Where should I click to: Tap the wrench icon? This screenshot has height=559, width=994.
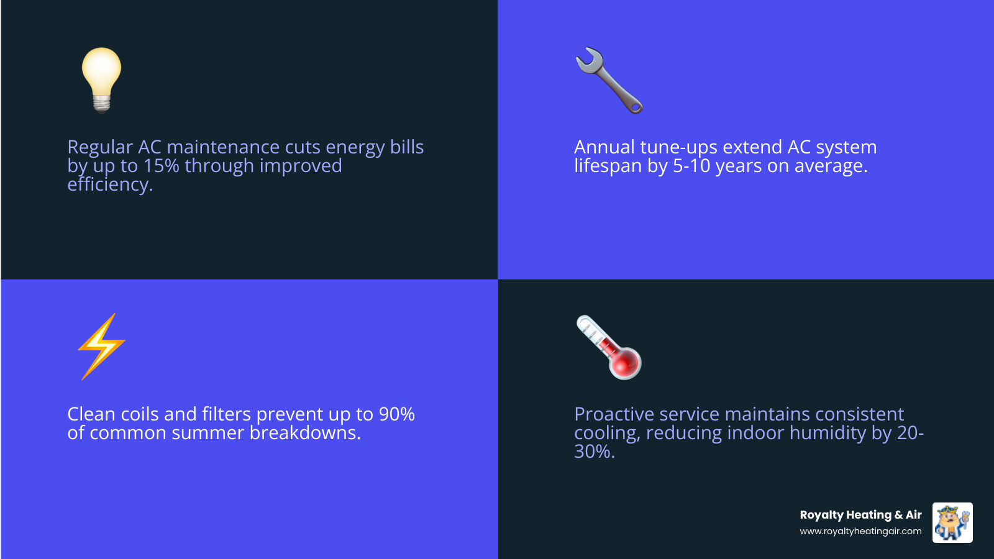click(x=609, y=80)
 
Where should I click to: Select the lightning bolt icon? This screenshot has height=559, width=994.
click(x=101, y=347)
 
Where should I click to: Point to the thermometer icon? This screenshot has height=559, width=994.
click(x=609, y=347)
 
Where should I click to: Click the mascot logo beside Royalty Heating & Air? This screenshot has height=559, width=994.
click(x=952, y=522)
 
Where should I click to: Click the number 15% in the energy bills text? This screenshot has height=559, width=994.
click(x=161, y=166)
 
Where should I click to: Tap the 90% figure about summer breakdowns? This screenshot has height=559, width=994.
click(x=396, y=414)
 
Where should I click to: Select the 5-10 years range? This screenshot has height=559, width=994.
click(x=691, y=166)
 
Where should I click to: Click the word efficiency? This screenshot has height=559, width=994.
click(x=109, y=184)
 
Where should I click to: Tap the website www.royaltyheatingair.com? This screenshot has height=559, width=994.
click(x=860, y=531)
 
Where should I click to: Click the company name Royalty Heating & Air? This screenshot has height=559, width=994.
click(x=860, y=515)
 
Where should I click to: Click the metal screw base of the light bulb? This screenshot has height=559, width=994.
click(x=101, y=103)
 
